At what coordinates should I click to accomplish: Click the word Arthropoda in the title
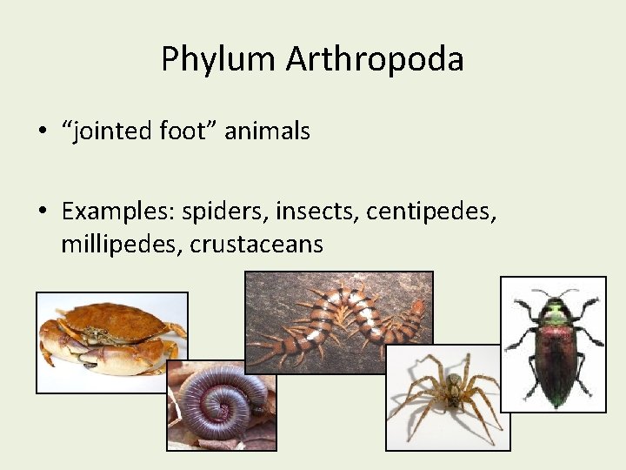[x=375, y=59]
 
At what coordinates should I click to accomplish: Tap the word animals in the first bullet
[x=267, y=131]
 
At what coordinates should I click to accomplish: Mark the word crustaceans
[x=256, y=245]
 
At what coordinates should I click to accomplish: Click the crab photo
[x=111, y=341]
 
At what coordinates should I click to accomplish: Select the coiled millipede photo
[x=221, y=406]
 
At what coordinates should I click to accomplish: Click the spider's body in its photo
[x=452, y=394]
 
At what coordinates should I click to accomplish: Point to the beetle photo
[x=553, y=344]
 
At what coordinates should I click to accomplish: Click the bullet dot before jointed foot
[x=42, y=132]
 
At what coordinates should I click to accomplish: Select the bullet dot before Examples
[x=42, y=211]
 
